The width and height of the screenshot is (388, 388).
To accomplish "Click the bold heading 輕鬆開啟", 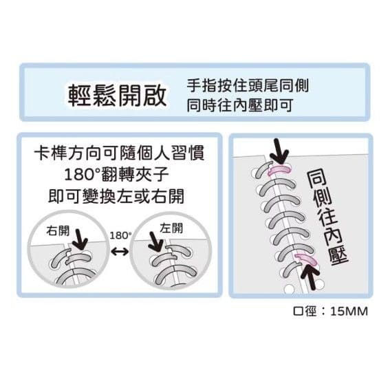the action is pyautogui.click(x=117, y=95).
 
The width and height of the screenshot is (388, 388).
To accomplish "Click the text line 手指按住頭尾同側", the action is pyautogui.click(x=248, y=86).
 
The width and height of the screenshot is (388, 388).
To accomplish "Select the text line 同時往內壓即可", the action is pyautogui.click(x=240, y=105).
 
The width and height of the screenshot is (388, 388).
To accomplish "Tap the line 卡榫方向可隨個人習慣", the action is pyautogui.click(x=119, y=153).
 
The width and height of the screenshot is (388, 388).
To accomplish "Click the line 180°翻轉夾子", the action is pyautogui.click(x=116, y=174).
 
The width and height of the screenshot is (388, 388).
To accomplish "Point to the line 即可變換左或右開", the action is pyautogui.click(x=116, y=196).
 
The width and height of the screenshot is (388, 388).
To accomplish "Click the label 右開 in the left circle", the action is pyautogui.click(x=58, y=230).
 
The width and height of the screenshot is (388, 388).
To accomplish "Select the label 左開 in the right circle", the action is pyautogui.click(x=171, y=228).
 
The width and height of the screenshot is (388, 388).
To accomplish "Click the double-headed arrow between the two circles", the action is pyautogui.click(x=120, y=252).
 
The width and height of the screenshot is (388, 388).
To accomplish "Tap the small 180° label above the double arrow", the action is pyautogui.click(x=120, y=235).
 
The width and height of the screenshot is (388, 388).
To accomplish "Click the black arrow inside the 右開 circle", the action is pyautogui.click(x=80, y=239).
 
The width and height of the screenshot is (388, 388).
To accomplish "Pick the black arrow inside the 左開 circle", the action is pyautogui.click(x=155, y=242).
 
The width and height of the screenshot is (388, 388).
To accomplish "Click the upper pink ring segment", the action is pyautogui.click(x=280, y=169).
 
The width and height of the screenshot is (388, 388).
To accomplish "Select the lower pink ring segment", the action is pyautogui.click(x=307, y=259).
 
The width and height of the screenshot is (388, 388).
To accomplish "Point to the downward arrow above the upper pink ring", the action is pyautogui.click(x=279, y=151).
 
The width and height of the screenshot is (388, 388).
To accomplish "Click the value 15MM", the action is pyautogui.click(x=349, y=311).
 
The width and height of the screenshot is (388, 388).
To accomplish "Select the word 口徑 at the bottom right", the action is pyautogui.click(x=305, y=311).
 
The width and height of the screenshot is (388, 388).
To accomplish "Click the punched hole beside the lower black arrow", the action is pyautogui.click(x=320, y=285).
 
